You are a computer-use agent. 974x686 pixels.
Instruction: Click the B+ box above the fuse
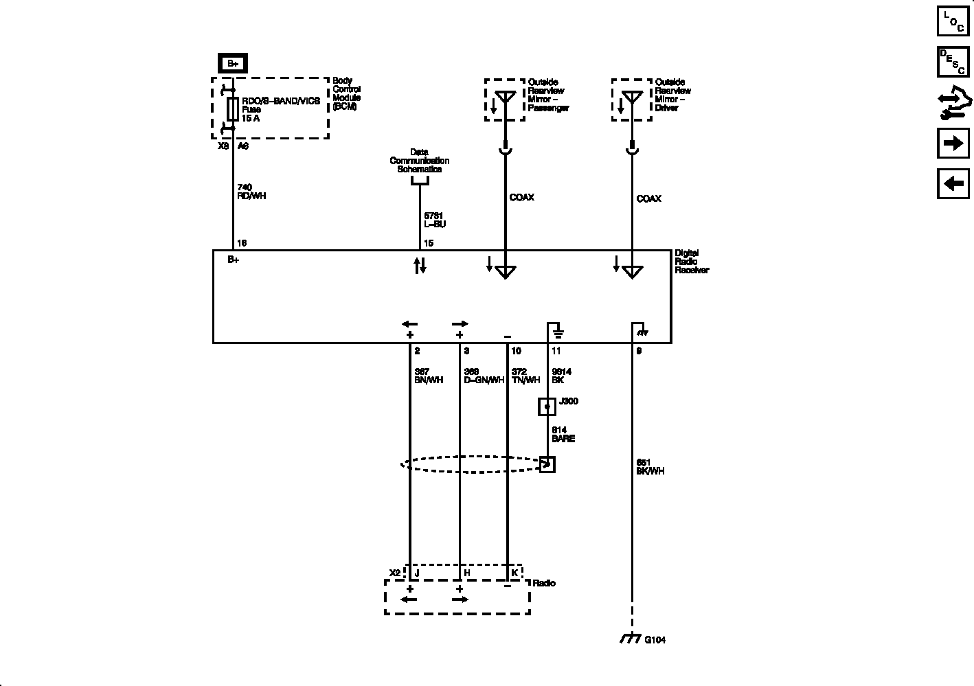(x=233, y=64)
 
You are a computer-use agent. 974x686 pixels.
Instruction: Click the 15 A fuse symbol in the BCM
(x=233, y=109)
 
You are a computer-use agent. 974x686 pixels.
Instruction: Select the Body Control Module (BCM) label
(x=346, y=94)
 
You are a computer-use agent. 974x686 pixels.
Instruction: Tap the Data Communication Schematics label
(x=419, y=161)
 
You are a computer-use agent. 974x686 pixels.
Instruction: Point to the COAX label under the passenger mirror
(x=521, y=198)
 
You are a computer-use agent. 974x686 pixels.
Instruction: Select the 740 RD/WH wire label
(x=251, y=192)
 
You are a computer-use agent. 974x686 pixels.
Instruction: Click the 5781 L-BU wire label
(x=435, y=220)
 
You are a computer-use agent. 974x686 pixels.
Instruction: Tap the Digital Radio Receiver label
(x=691, y=262)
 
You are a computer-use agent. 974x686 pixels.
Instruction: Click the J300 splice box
(x=547, y=407)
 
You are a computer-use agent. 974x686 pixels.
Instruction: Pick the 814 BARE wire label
(x=563, y=434)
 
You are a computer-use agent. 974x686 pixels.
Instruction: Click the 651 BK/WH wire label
(x=650, y=467)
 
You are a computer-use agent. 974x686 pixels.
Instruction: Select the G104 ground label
(x=655, y=640)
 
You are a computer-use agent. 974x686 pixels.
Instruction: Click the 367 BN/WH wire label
(x=429, y=376)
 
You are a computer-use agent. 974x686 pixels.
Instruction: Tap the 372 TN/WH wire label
(x=525, y=376)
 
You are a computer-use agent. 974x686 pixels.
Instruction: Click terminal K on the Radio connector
(x=514, y=573)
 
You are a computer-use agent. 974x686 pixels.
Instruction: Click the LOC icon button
(x=953, y=21)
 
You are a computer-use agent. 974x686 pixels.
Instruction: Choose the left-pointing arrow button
(x=953, y=184)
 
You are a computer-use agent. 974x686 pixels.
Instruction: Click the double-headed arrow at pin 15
(x=420, y=266)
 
